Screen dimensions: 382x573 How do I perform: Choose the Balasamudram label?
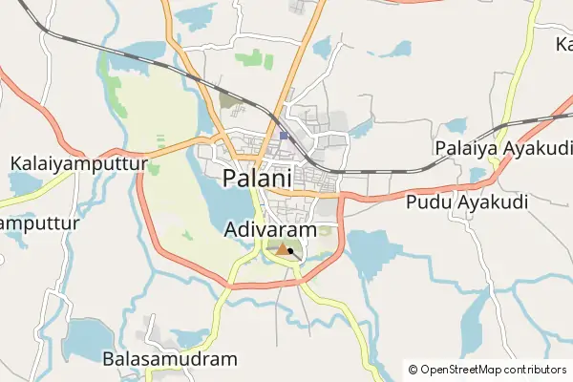169,359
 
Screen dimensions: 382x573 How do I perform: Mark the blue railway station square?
284,137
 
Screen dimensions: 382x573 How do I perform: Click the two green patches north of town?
253,59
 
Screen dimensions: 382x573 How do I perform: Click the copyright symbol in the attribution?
413,369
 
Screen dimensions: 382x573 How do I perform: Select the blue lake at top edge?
199,13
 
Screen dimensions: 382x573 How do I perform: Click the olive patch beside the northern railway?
230,99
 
